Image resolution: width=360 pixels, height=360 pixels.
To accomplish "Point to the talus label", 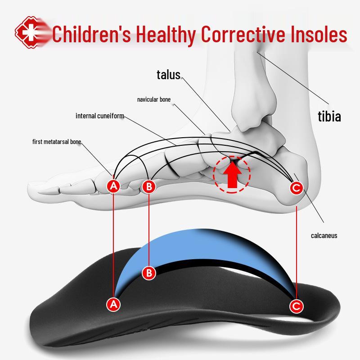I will click(x=168, y=75).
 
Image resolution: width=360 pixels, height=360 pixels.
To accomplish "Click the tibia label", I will click(x=329, y=117).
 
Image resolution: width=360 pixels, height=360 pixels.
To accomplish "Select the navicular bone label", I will click(x=153, y=99).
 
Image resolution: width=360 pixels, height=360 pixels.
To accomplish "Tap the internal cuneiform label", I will click(x=99, y=116).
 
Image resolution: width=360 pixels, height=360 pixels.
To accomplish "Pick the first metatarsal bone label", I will click(x=57, y=142).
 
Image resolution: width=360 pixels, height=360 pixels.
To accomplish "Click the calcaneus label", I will click(x=324, y=235).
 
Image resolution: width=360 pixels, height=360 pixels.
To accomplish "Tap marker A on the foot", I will click(x=114, y=186).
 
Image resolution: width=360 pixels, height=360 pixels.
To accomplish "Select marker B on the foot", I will click(x=149, y=186).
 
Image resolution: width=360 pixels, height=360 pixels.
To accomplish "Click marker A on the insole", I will click(x=114, y=304).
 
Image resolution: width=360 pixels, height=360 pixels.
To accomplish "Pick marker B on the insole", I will click(x=149, y=272).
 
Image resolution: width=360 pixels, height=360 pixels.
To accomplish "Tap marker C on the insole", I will click(x=296, y=306).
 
